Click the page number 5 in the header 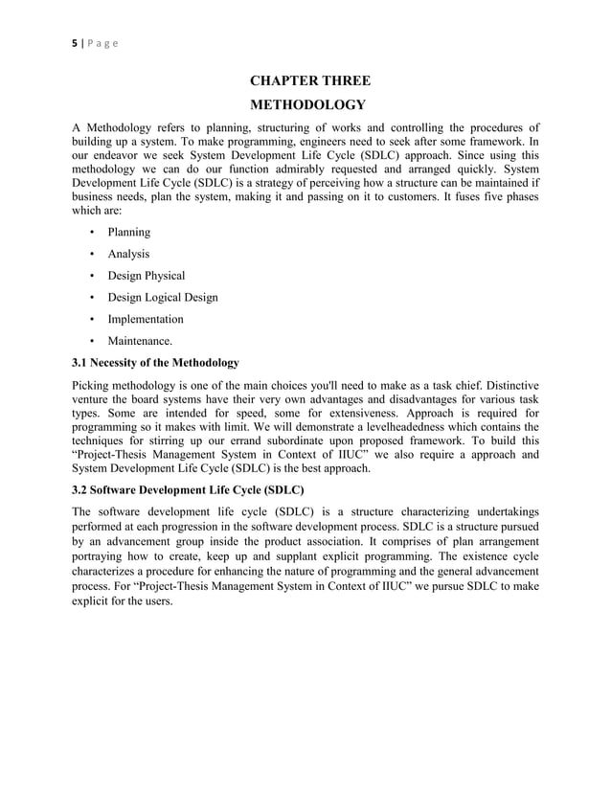[75, 43]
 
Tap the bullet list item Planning [128, 232]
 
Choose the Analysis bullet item [128, 254]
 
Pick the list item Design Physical [146, 276]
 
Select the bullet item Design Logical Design [162, 297]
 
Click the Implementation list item [146, 319]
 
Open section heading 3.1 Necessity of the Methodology [156, 363]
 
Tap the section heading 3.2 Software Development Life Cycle [189, 489]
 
